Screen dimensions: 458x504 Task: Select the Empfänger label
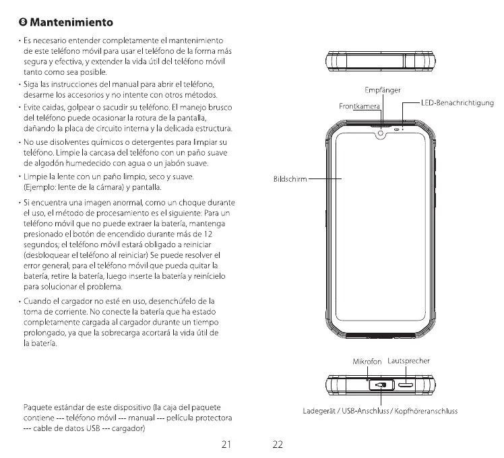point(383,90)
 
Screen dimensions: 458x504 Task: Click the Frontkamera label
point(358,106)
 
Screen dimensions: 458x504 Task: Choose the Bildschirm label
point(290,180)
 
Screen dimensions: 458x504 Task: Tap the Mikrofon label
point(367,362)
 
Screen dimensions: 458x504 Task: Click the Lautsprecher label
point(409,361)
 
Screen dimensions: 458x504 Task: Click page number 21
point(226,445)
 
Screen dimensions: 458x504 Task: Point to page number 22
point(278,445)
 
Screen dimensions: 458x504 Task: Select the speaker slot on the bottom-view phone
point(407,386)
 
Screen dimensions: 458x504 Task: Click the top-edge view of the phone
point(381,61)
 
